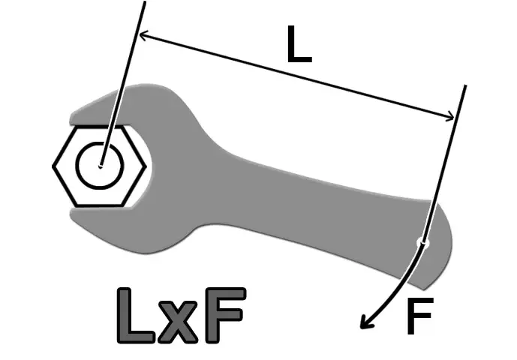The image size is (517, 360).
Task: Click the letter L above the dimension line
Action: click(299, 43)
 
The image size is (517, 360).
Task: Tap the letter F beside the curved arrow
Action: click(419, 316)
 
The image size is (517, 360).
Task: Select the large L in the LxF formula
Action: click(135, 316)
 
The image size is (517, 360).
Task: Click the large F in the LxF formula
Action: click(225, 316)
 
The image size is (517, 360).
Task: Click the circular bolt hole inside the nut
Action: click(101, 166)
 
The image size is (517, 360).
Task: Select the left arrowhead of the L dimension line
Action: click(144, 34)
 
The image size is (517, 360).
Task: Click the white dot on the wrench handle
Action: click(423, 243)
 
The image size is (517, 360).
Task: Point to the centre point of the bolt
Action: click(101, 166)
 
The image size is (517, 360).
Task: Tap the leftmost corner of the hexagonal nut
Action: click(53, 166)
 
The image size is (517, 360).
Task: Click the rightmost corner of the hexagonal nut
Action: click(146, 166)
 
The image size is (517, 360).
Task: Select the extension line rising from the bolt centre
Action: click(122, 84)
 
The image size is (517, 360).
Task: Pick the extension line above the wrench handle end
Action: click(444, 164)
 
